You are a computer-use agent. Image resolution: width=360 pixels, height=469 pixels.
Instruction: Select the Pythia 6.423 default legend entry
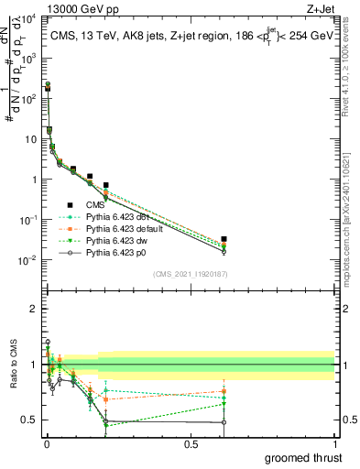coord(127,228)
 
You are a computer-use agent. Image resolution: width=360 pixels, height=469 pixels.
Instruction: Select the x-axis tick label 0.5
coord(191,444)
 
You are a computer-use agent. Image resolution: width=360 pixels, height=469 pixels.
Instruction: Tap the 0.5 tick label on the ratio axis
coord(28,420)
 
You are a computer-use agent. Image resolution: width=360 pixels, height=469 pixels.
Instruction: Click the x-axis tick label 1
coord(334,444)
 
